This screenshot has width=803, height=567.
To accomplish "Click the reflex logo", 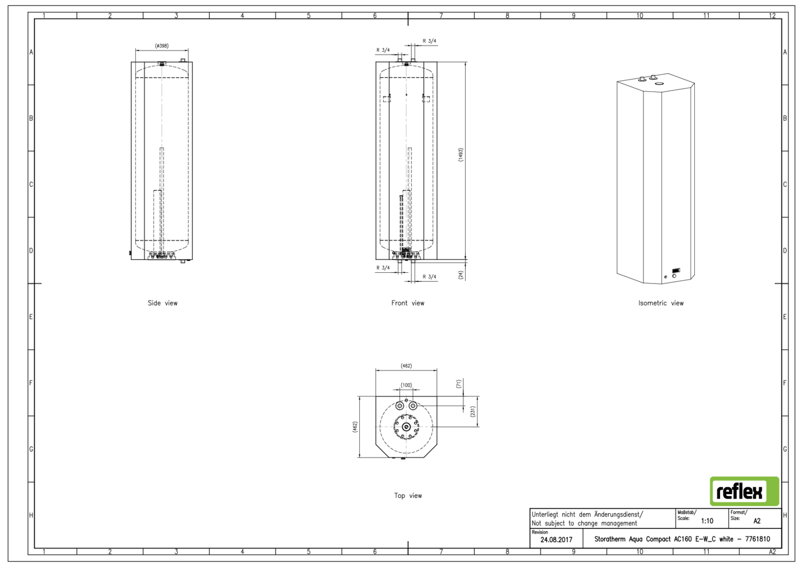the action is point(745,491).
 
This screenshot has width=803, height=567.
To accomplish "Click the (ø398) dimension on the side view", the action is point(162,46).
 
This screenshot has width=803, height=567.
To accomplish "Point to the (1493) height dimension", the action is point(460,155).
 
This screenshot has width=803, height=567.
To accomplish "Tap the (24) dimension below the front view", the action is point(461,275).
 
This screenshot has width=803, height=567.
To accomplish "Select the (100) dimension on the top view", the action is point(406,385).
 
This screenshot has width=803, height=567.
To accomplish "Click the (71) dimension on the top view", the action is point(458,384).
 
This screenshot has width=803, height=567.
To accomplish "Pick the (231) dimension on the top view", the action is point(473,411).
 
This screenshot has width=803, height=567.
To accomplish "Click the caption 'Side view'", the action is point(163,303).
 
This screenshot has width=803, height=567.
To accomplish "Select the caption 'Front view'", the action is point(408,303).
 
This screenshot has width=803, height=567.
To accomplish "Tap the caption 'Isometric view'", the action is point(661,303).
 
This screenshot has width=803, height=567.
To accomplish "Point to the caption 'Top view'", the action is point(408,495).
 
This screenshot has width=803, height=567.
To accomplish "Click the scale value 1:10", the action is point(707,521).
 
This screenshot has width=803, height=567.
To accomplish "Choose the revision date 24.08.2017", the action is point(556,540).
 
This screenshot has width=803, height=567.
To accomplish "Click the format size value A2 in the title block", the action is point(757,521).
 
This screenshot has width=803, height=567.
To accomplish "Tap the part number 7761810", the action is point(757,539).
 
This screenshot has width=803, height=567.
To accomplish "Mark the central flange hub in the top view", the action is point(406,427).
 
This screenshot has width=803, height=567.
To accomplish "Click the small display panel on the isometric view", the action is point(676,270).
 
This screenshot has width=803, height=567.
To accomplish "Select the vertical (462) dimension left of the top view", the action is point(355,427).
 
